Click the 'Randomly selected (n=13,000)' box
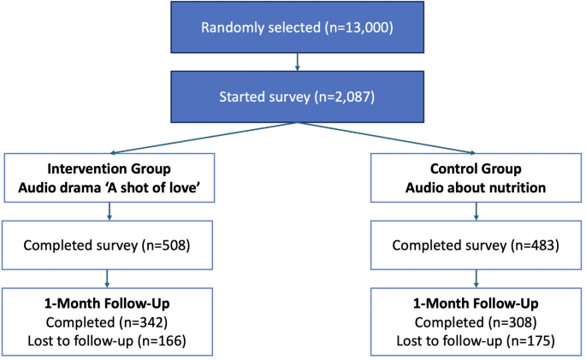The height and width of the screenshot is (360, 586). pos(295,27)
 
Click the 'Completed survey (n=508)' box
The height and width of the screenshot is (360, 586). pos(108,246)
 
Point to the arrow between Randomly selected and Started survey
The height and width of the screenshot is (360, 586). pos(295,61)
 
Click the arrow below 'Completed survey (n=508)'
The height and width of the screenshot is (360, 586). pos(108,280)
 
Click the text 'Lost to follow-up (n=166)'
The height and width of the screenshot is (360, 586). pos(108,341)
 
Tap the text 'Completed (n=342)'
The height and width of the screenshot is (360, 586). pos(108,324)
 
